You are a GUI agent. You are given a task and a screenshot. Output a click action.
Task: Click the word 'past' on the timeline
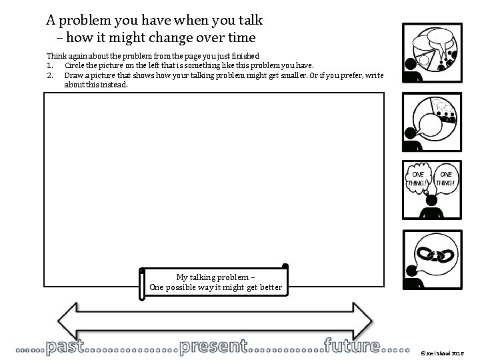[x=65, y=347]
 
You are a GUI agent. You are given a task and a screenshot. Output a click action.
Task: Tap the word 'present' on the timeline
[x=214, y=347]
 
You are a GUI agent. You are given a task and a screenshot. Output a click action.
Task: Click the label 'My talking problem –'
[x=215, y=277]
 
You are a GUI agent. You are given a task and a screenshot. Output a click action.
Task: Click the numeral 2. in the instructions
[x=50, y=75]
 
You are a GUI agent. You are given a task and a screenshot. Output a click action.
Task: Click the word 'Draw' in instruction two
[x=73, y=75]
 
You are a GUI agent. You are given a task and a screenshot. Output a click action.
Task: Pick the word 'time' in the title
[x=241, y=37]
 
